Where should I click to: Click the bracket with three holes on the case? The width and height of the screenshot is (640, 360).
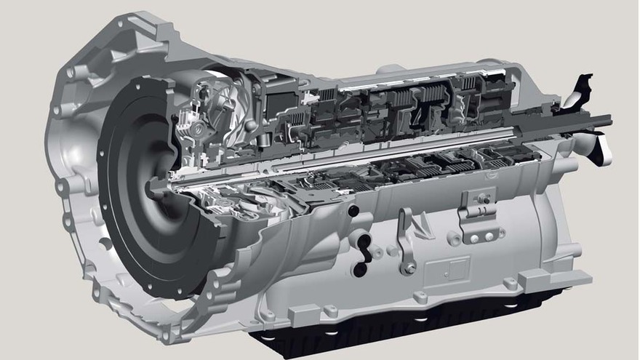[478, 219]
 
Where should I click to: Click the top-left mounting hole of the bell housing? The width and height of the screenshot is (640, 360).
[71, 73]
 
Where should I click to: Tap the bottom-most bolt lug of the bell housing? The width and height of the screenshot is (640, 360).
[169, 335]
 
